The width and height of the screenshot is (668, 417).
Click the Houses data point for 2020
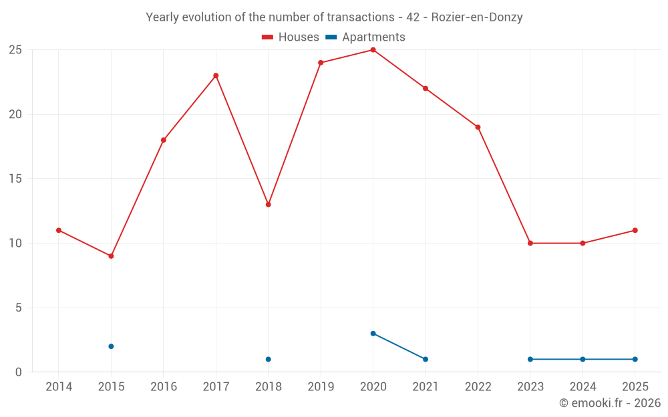pos(373,50)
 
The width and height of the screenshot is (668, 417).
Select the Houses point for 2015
pos(111,256)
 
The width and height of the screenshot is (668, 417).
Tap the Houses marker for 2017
pos(216,75)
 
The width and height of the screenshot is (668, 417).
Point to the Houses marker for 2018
pos(268,204)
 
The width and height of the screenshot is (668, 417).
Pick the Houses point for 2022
pos(478,127)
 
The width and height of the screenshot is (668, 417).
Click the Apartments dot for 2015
pos(111,346)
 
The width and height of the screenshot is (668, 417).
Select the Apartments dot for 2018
pos(268,359)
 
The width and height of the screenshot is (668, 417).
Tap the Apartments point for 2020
pos(373,334)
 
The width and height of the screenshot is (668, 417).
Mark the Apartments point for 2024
pos(582,359)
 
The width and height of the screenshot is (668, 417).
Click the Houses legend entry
pos(291,37)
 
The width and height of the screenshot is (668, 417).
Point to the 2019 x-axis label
pos(321,386)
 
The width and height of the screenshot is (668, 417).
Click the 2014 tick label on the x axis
pos(59,386)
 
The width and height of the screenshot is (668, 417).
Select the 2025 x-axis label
pos(635,386)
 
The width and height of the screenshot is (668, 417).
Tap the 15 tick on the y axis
pos(15,179)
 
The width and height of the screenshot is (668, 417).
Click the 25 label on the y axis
pos(15,50)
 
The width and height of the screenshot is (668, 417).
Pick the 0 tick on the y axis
pos(19,372)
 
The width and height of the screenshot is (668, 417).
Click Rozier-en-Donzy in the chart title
pos(477,17)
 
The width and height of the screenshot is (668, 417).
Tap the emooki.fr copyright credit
pos(610,403)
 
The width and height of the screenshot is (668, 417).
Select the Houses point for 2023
pos(530,243)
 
